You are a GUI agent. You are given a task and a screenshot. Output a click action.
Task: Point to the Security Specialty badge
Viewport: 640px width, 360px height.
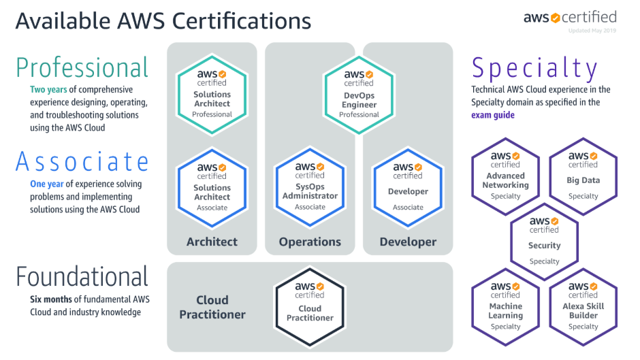(x=544, y=238)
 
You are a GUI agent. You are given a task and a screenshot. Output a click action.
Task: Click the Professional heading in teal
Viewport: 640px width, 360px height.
(x=82, y=68)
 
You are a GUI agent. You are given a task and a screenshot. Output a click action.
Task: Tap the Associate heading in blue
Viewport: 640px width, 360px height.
(x=82, y=162)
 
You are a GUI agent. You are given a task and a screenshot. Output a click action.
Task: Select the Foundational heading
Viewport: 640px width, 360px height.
(x=82, y=277)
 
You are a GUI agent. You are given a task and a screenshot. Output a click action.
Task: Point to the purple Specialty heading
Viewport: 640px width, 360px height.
(x=534, y=68)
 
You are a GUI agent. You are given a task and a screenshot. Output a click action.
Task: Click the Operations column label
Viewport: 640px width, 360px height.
(x=310, y=242)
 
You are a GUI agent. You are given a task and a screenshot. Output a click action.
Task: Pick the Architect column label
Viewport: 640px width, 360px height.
(x=212, y=242)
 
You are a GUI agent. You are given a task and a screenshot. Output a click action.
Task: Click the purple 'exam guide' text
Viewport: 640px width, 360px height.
(x=493, y=115)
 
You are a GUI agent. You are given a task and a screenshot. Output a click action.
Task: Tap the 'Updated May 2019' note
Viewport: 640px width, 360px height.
(x=592, y=31)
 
